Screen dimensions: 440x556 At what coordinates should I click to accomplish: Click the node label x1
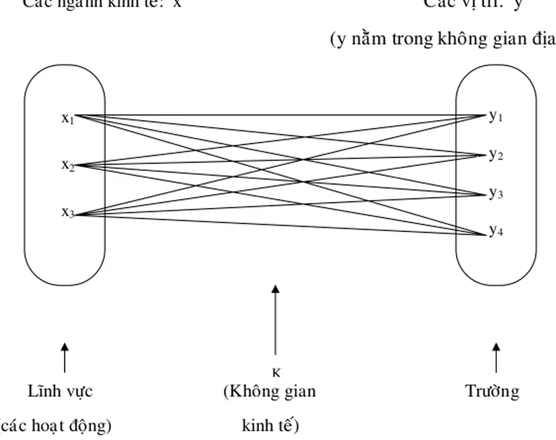click(68, 119)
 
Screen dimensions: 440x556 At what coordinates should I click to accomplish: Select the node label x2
click(68, 165)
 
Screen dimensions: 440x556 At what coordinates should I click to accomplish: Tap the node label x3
click(68, 212)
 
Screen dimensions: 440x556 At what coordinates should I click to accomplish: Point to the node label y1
click(495, 116)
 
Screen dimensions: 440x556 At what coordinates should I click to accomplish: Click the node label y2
click(495, 154)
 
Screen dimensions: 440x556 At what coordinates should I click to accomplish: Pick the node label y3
click(495, 193)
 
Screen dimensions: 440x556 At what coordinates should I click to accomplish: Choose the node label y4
click(495, 231)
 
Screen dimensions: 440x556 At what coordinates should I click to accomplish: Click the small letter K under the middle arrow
click(276, 373)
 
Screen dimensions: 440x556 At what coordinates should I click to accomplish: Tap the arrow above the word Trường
click(496, 358)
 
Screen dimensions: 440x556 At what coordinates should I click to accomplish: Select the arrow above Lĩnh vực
click(64, 358)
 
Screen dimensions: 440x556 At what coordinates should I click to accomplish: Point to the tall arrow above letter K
click(276, 319)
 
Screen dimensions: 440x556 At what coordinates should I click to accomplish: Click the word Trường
click(493, 392)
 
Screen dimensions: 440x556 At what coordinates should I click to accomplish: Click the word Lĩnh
click(43, 392)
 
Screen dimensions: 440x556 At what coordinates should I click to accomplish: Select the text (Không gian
click(269, 392)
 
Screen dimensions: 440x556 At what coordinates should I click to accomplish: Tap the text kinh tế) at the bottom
click(270, 426)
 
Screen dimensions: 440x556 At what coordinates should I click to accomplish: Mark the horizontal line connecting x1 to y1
click(278, 115)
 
